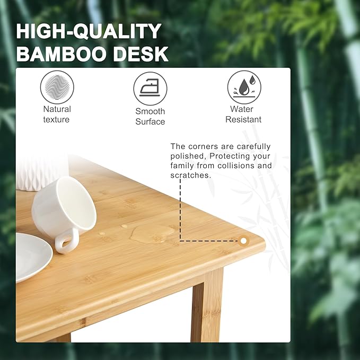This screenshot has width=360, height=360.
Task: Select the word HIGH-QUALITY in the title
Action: (x=89, y=31)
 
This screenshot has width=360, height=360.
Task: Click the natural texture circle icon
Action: (x=57, y=87)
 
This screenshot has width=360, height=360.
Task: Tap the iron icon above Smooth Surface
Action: (x=150, y=89)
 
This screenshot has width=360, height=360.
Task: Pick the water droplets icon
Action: (x=244, y=87)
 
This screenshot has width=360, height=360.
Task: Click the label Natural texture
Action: (x=57, y=115)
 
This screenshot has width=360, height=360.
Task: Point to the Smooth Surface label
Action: (x=150, y=117)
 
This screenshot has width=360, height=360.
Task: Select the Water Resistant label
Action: (x=243, y=115)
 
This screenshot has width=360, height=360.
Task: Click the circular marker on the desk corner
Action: (x=243, y=241)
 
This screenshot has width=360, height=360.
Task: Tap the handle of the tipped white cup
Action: (x=66, y=241)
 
